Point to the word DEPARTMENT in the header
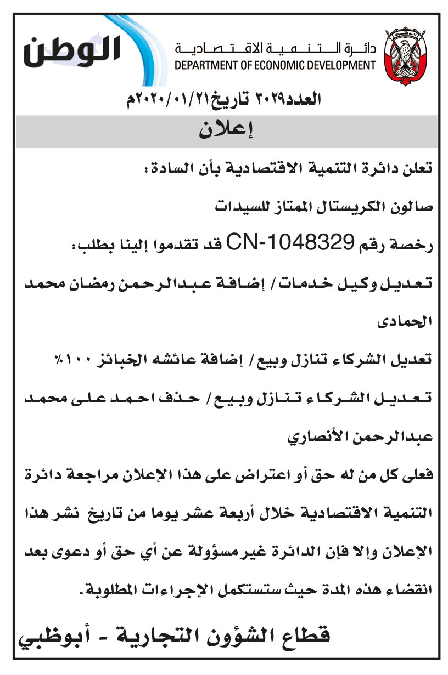(202, 66)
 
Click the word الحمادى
(413, 321)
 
